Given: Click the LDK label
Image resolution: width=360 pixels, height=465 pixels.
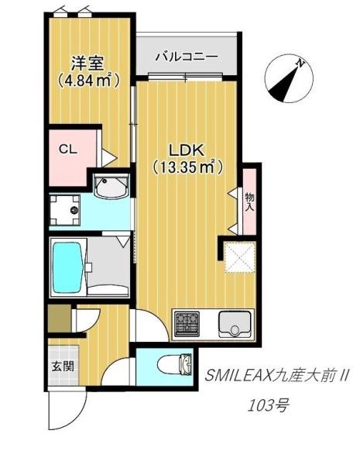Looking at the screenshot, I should [x=186, y=150].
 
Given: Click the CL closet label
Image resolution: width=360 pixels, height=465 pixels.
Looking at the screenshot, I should [x=67, y=149].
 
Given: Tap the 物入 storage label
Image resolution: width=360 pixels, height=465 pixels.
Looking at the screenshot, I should [x=249, y=202].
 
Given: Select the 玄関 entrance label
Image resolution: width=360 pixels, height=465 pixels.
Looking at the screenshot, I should [x=63, y=366].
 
